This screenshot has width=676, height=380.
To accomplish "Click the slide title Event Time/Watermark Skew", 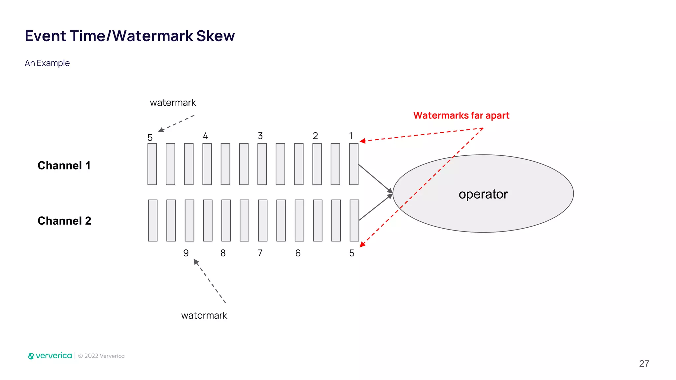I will tap(130, 36).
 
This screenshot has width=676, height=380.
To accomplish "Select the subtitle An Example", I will tap(47, 63).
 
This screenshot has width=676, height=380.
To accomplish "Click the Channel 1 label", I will tap(64, 166).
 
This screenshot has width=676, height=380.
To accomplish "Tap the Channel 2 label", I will tap(64, 221).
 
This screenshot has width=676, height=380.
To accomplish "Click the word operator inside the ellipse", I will tap(483, 194).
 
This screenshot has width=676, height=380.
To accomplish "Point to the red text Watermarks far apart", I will tap(461, 115).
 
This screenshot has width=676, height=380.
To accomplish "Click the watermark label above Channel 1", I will tap(173, 103).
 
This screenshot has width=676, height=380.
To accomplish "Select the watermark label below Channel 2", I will tap(204, 315).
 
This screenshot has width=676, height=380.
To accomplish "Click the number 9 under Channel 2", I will tap(186, 253).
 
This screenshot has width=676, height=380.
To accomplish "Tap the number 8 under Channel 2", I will tap(223, 253).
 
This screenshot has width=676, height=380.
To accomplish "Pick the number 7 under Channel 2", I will tap(260, 253).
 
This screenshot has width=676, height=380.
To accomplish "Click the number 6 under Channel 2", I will tap(298, 253).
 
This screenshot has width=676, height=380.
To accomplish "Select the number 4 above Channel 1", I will tap(205, 136).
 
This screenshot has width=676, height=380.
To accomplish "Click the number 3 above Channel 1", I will tap(260, 136).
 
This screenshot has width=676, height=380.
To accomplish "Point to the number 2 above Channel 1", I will tap(315, 136).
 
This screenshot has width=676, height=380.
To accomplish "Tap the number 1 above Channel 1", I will tap(351, 136).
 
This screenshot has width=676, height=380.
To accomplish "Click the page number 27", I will tap(644, 364).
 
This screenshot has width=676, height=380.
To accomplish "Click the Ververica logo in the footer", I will tap(50, 356).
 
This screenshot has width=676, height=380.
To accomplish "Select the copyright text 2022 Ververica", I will tap(102, 356).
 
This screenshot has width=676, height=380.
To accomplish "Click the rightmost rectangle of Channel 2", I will tap(354, 220).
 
